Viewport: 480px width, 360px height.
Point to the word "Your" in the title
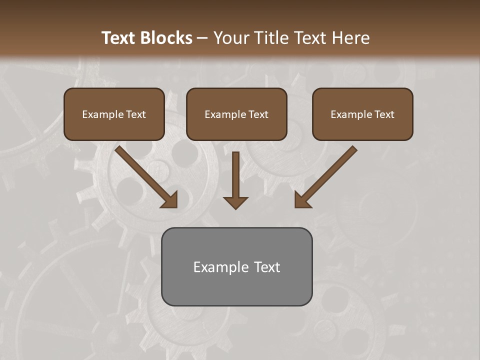(x=229, y=38)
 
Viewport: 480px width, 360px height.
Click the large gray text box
(x=236, y=290)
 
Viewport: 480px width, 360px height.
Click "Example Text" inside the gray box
(x=236, y=267)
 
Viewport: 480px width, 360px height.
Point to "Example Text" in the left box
(x=114, y=114)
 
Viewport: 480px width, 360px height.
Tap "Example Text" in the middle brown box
(x=236, y=114)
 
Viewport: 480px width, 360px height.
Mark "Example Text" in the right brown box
(x=362, y=114)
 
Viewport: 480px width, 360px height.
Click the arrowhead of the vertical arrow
(x=235, y=202)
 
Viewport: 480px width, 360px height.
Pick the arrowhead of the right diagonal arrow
(x=301, y=201)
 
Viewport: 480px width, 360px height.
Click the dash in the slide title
(x=202, y=38)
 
